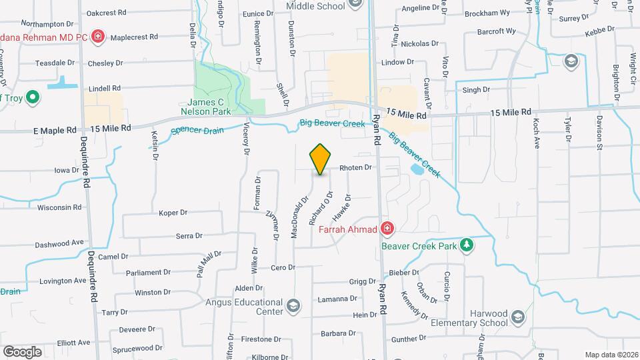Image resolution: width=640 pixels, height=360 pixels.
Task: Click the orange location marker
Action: click(x=320, y=159)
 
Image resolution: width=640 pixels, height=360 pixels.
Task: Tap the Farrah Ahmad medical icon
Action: click(x=386, y=230)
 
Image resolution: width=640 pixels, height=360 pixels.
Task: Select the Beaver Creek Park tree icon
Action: click(x=467, y=245)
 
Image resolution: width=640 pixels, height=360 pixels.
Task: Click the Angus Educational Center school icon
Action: click(x=291, y=307)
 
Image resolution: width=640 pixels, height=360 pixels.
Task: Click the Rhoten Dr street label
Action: click(x=355, y=168)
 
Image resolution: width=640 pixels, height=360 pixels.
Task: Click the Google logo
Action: click(x=22, y=351)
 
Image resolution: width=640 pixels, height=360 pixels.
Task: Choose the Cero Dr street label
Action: click(x=282, y=267)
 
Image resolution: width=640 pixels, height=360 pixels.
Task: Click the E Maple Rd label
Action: click(x=55, y=131)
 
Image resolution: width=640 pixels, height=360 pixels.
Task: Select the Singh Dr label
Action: click(x=476, y=89)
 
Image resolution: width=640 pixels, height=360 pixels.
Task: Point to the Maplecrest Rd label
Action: click(x=134, y=37)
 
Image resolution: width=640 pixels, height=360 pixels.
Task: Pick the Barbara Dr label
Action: click(x=336, y=333)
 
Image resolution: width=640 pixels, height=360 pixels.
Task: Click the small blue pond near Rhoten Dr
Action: click(x=417, y=170)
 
